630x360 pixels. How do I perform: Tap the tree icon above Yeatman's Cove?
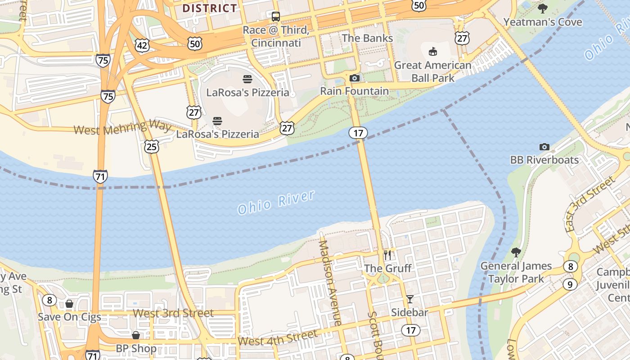pyautogui.click(x=543, y=8)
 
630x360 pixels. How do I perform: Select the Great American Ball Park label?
pyautogui.click(x=432, y=72)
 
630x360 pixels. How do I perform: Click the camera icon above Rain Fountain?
pyautogui.click(x=355, y=78)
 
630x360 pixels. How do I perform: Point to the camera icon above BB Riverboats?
pyautogui.click(x=544, y=147)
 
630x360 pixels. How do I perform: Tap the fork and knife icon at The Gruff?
pyautogui.click(x=387, y=255)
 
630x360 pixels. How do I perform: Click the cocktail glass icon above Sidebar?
pyautogui.click(x=409, y=299)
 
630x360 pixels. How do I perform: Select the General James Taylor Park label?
pyautogui.click(x=516, y=272)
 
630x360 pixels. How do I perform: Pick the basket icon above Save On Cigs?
pyautogui.click(x=69, y=304)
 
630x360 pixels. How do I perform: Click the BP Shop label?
pyautogui.click(x=136, y=348)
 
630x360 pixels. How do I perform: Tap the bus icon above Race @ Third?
pyautogui.click(x=276, y=17)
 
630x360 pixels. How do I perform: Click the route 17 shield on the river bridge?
pyautogui.click(x=358, y=133)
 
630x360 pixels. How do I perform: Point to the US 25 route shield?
pyautogui.click(x=152, y=146)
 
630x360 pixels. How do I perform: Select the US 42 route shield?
pyautogui.click(x=142, y=45)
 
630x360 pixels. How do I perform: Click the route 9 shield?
pyautogui.click(x=570, y=284)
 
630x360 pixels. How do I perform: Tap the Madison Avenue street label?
pyautogui.click(x=330, y=283)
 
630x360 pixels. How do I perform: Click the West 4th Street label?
pyautogui.click(x=277, y=338)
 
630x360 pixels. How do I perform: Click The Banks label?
pyautogui.click(x=367, y=38)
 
